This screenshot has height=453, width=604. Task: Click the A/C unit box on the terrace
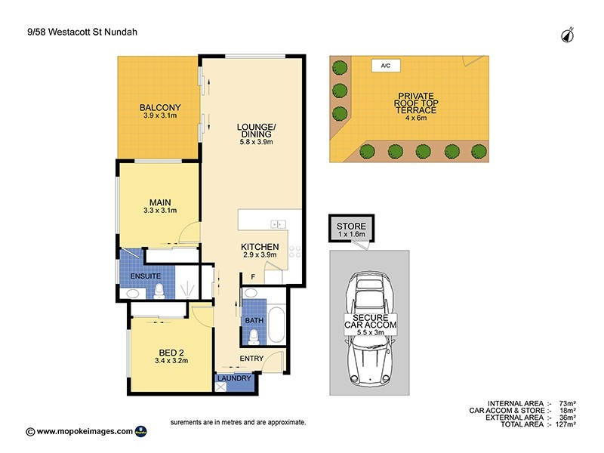(385, 66)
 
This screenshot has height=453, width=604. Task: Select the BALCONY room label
(159, 107)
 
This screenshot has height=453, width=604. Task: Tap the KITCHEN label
(260, 247)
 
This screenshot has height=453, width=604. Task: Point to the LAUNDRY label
(235, 378)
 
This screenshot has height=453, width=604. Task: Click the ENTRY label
(251, 358)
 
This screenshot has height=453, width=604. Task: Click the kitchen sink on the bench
(277, 223)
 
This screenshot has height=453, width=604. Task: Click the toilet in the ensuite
(159, 290)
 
